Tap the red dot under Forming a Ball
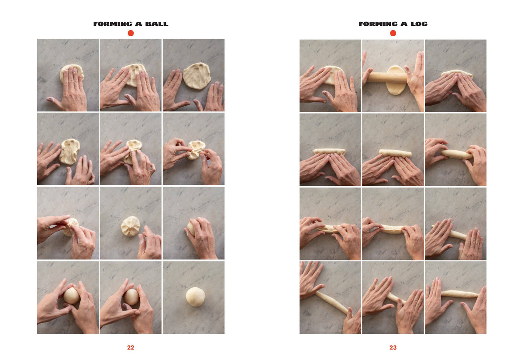pos(131,33)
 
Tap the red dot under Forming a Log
pos(393,33)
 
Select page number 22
pos(131,347)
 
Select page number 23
pos(393,347)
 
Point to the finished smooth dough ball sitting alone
pos(196,297)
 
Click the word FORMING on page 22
pos(113,24)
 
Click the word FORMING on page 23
pos(378,24)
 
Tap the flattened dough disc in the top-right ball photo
pos(197,76)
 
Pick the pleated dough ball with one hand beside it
pos(130,226)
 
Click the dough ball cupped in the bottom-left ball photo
pos(71,295)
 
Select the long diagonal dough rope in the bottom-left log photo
pos(332,303)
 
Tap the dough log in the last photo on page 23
pos(460,294)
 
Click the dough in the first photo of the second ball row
pos(69,152)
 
